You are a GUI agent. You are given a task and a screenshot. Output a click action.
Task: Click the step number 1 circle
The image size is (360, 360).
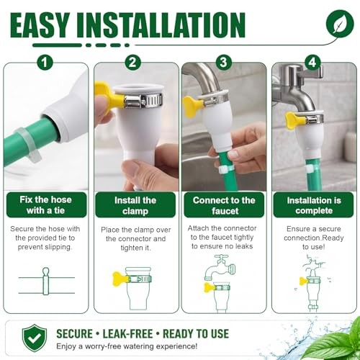pyautogui.click(x=45, y=63)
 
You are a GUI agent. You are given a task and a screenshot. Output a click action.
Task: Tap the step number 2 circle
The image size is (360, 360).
pyautogui.click(x=132, y=62)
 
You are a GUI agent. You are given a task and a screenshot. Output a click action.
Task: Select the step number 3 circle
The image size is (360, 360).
pyautogui.click(x=223, y=62)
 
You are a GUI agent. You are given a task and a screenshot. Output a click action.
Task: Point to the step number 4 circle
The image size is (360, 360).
pyautogui.click(x=312, y=62)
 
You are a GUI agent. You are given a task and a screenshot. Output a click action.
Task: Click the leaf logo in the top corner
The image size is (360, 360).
pyautogui.click(x=340, y=24)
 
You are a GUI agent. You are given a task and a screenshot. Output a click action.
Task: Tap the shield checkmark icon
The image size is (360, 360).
pyautogui.click(x=35, y=338)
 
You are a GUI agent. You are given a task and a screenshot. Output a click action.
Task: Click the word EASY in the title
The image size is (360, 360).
pyautogui.click(x=40, y=25)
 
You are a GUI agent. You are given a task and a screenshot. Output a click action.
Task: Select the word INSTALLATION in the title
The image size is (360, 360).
pyautogui.click(x=161, y=25)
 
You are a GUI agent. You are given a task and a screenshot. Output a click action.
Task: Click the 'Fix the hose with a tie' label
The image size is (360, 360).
pyautogui.click(x=46, y=204)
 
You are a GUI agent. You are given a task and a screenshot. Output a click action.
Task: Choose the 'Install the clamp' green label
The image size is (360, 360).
pyautogui.click(x=135, y=205)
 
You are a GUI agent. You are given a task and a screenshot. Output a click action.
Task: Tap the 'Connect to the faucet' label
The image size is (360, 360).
pyautogui.click(x=224, y=205)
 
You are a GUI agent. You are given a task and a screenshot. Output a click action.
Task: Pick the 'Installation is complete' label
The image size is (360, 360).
pyautogui.click(x=313, y=205)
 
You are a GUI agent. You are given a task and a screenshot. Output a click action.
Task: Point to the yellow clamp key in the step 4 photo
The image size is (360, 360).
pyautogui.click(x=294, y=120)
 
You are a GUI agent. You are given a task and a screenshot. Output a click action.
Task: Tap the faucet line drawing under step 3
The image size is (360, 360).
pyautogui.click(x=220, y=267)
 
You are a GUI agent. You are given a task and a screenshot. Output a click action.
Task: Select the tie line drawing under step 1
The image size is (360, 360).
pyautogui.click(x=46, y=282)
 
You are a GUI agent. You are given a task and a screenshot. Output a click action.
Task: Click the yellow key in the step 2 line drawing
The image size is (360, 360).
pyautogui.click(x=121, y=279)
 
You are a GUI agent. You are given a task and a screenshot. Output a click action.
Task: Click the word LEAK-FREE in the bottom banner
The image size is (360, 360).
pyautogui.click(x=128, y=334)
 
